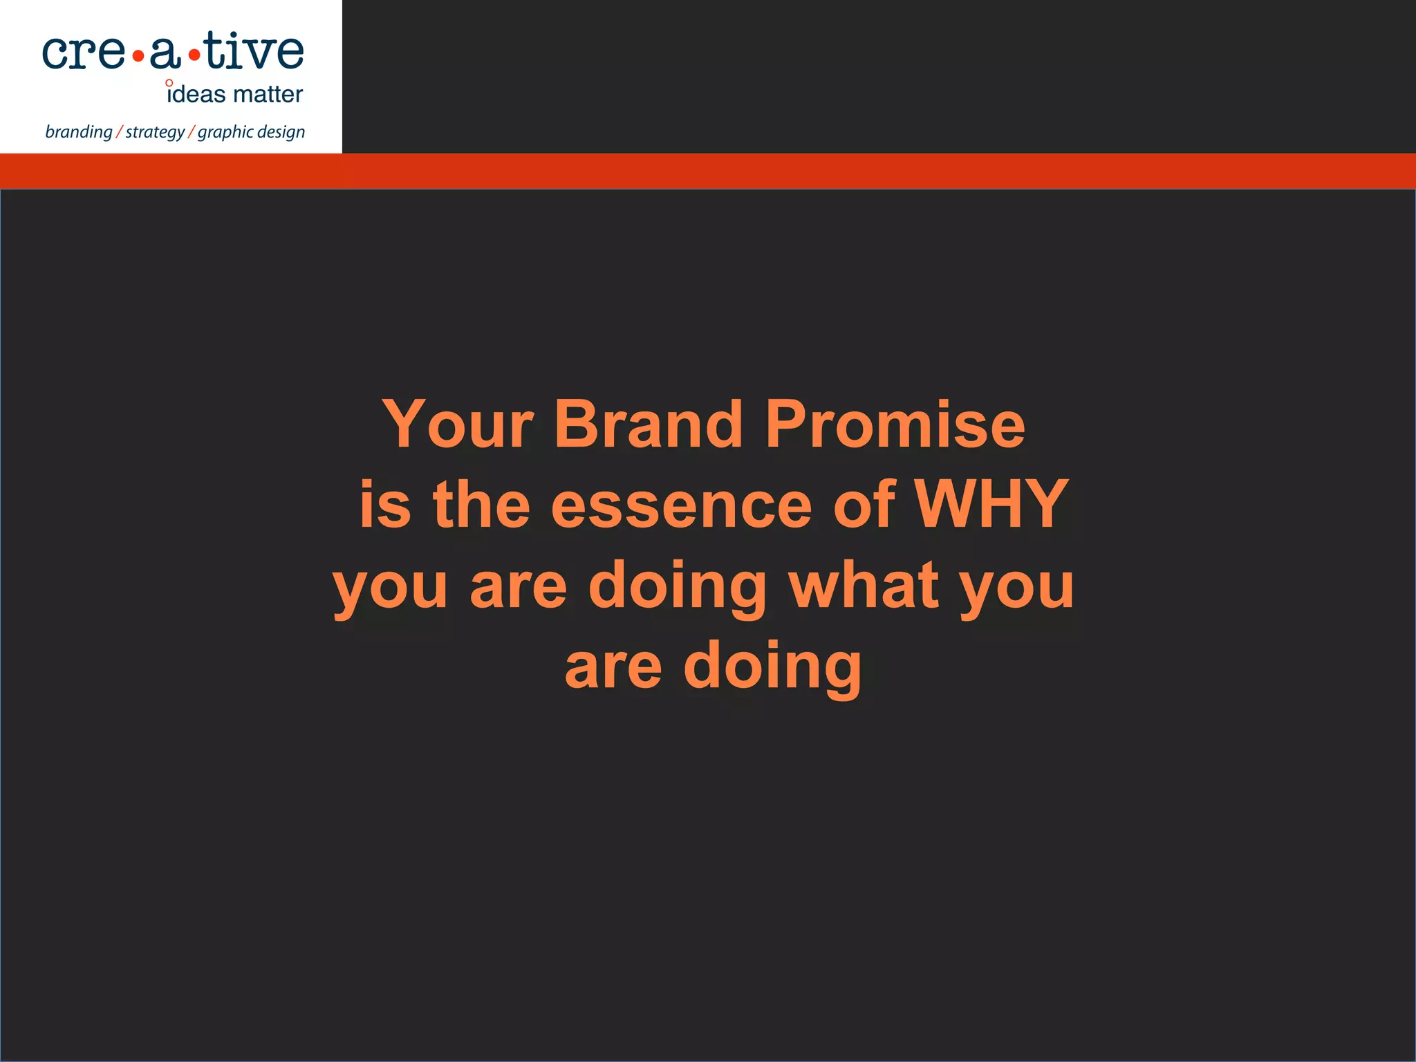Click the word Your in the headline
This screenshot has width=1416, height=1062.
point(457,425)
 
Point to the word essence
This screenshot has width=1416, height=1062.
point(680,505)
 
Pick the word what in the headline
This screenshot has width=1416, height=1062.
point(864,585)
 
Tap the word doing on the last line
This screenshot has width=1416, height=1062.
point(772,666)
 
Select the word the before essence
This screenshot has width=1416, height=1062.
point(481,505)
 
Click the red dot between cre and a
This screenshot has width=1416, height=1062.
point(138,56)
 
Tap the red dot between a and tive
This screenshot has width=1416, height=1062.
point(194,56)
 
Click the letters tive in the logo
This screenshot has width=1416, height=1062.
point(254,52)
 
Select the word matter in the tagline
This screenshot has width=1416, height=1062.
point(268,95)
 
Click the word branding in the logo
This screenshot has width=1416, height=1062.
point(78,132)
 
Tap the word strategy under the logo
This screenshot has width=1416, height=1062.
point(155,132)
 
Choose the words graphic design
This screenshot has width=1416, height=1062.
point(251,132)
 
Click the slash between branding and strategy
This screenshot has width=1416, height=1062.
point(119,132)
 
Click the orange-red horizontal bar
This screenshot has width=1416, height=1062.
point(830,171)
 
